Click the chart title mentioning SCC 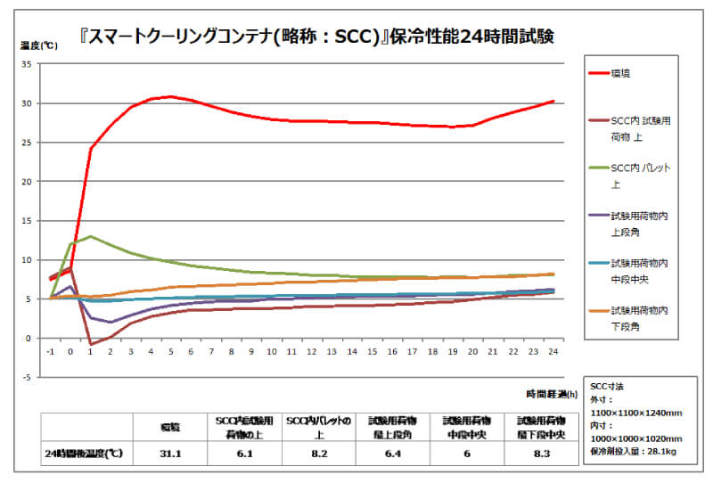tap(356, 36)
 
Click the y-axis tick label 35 tap(28, 64)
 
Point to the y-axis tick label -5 tap(28, 377)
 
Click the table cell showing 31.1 tap(170, 453)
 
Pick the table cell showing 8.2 tap(318, 453)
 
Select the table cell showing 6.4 tap(392, 453)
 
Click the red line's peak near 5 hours tap(171, 96)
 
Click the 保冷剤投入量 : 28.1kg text tap(635, 451)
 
